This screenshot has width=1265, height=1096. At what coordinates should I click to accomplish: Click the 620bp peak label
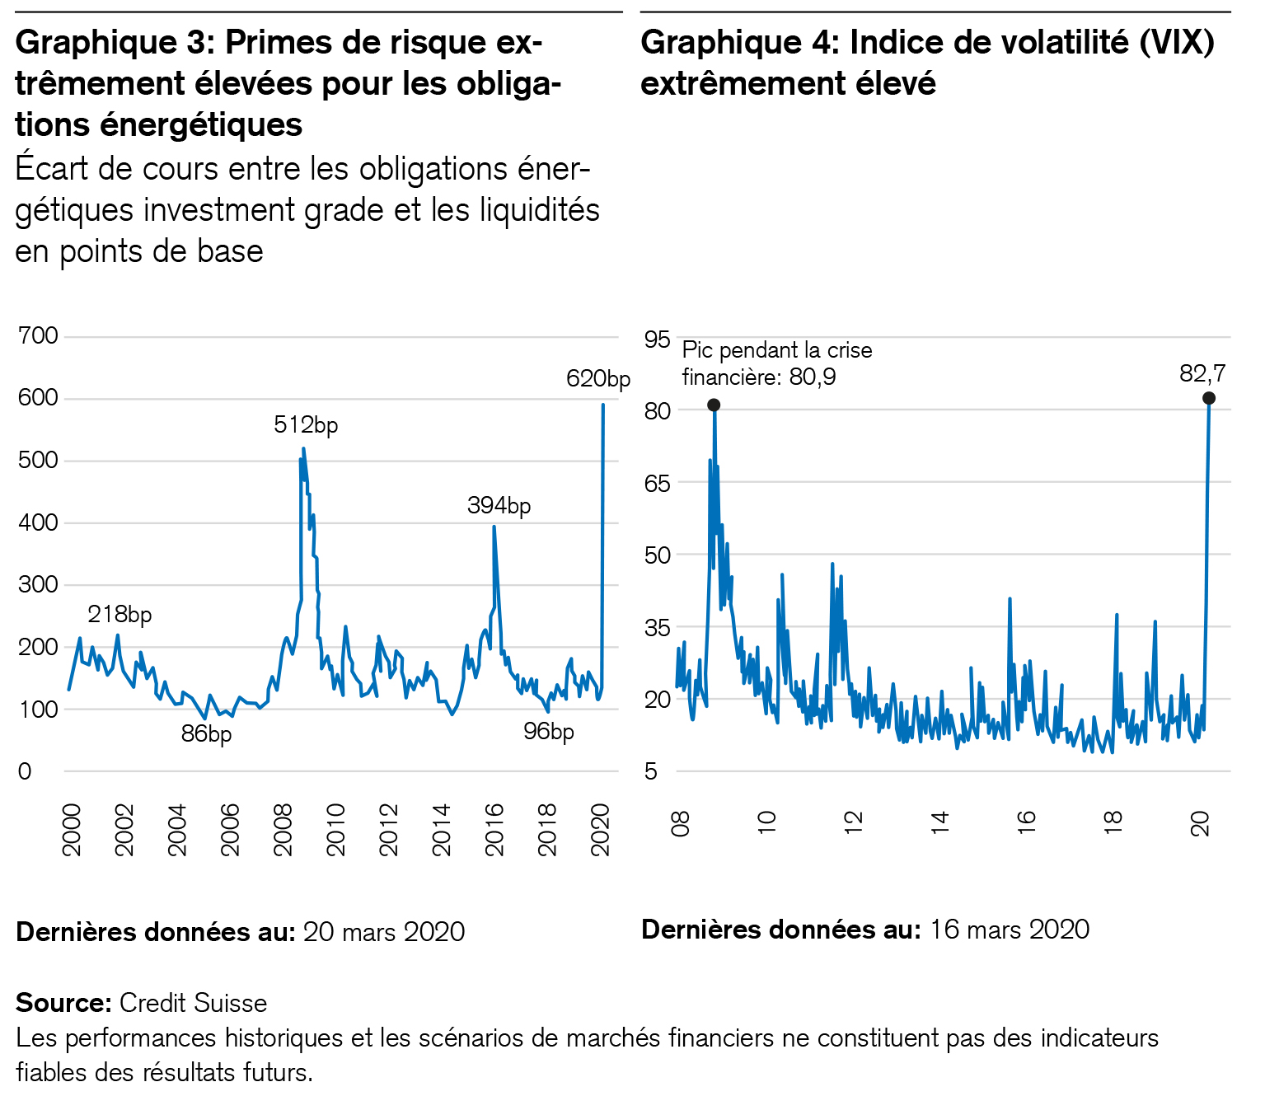coord(597,379)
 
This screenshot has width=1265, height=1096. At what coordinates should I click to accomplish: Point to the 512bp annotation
coord(306,425)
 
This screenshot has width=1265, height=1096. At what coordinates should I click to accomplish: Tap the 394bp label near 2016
coord(499,505)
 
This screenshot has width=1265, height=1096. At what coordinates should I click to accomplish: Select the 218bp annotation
coord(119,615)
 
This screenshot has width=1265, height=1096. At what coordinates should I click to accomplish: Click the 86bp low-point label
coord(206,733)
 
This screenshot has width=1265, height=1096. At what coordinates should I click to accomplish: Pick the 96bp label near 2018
coord(549,732)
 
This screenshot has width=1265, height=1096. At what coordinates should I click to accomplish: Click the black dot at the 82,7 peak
coord(1209,398)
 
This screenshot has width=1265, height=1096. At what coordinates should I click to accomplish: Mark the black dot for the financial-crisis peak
coord(714,405)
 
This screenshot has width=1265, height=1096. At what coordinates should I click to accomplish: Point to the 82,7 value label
coord(1202,374)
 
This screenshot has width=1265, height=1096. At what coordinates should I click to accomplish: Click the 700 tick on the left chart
coord(38,336)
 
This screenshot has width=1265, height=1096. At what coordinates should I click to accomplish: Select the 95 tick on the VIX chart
coord(658,339)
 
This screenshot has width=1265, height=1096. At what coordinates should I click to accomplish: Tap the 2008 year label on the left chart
coord(283,830)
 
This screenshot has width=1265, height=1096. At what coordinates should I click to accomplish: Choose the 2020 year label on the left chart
coord(602,830)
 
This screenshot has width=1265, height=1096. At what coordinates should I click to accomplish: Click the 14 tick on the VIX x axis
coord(939,822)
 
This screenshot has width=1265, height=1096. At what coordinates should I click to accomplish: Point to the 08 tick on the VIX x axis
coord(681,822)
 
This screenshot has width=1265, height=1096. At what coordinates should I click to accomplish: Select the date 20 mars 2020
coord(384,932)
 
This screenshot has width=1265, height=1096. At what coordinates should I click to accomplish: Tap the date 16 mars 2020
coord(1010,930)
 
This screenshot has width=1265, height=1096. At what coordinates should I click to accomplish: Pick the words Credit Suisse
coord(194,1003)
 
